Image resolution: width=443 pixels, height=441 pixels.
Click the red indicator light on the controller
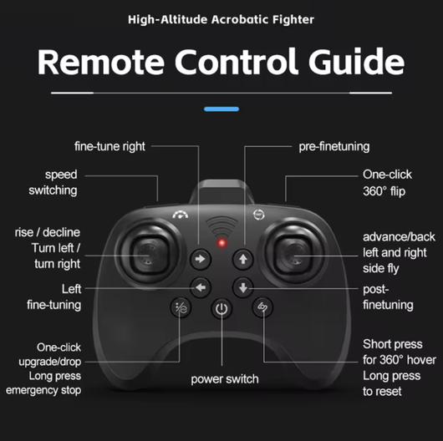point(221,243)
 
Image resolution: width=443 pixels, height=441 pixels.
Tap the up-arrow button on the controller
point(243,259)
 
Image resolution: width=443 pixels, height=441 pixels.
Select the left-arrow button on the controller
point(201,287)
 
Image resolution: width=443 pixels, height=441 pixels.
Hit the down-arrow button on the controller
point(243,287)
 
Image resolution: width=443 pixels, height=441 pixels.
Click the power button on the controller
point(221,308)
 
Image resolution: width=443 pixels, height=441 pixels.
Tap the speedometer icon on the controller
point(181,215)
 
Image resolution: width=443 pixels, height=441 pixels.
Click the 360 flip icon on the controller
point(259,215)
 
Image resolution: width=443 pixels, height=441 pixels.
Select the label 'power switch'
point(225,379)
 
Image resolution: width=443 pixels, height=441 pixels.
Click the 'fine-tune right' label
point(109,146)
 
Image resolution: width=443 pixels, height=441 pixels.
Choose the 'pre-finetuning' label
point(334,146)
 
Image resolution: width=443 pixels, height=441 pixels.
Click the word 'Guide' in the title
point(357,61)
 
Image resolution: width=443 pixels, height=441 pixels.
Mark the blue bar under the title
point(221,109)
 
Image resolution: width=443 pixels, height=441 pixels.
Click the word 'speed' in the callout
point(61,175)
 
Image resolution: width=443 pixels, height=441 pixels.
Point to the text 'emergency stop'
point(43,390)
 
